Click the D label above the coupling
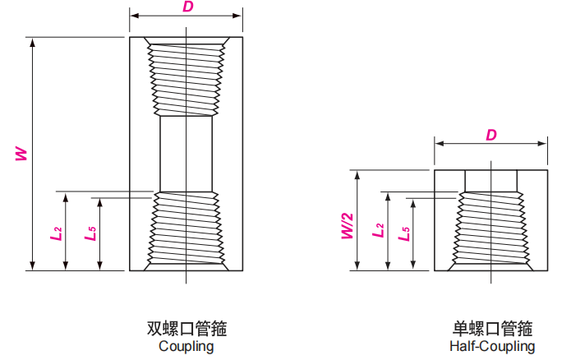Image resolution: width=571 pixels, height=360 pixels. [187, 7]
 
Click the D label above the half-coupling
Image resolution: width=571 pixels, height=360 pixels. [490, 134]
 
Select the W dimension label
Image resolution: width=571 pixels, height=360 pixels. [21, 153]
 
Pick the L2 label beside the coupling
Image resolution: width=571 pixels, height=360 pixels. [56, 233]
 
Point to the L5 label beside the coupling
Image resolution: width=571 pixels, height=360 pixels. [90, 233]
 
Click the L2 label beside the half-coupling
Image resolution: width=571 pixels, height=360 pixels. [379, 231]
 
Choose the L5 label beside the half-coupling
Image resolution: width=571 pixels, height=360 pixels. [403, 233]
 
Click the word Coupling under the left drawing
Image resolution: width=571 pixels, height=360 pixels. [186, 346]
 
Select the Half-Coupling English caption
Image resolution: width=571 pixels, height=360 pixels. [492, 346]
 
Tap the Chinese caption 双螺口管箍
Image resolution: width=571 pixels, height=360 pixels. [186, 329]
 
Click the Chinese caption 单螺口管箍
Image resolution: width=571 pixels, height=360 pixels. [492, 329]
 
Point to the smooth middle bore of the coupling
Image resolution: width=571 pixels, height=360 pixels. [187, 153]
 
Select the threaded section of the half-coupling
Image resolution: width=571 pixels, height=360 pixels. [490, 230]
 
